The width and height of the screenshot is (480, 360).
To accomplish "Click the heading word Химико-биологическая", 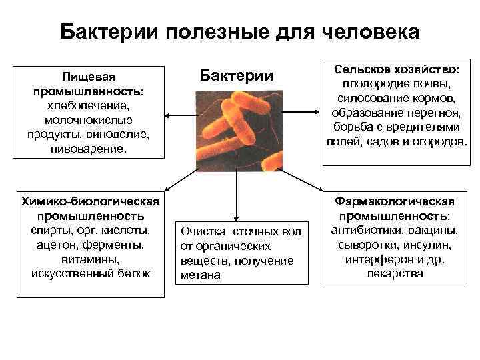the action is pyautogui.click(x=90, y=201).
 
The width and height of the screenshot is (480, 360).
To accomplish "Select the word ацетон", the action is pyautogui.click(x=57, y=245).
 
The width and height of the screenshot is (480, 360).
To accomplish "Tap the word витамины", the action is pyautogui.click(x=90, y=259).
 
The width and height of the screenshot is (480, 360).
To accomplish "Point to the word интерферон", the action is pyautogui.click(x=377, y=259).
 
